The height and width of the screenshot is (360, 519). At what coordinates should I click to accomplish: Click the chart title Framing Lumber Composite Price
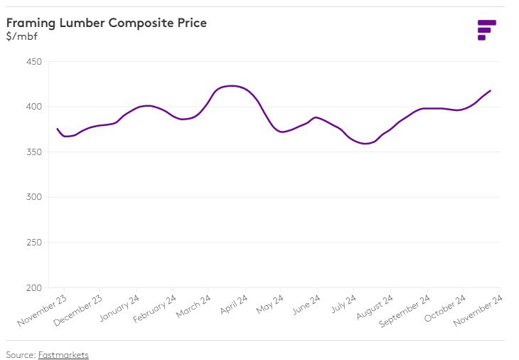point(107,23)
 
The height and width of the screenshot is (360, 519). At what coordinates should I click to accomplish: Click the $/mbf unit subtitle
point(21,36)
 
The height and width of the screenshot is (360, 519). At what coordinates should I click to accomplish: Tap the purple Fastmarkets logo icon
point(486,30)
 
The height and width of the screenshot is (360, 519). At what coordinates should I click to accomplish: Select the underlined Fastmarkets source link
point(63,354)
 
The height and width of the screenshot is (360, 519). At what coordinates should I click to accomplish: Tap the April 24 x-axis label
point(233,305)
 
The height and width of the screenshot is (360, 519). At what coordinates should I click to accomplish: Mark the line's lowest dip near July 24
point(365,144)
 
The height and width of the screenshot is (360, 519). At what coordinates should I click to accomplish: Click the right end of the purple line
point(491,90)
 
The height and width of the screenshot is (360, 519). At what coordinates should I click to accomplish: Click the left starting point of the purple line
point(57,129)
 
